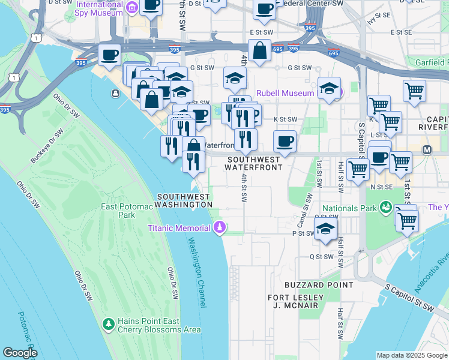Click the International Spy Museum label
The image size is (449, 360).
[x=100, y=8]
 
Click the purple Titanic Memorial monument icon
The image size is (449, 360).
[x=220, y=227]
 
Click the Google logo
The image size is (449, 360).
[x=20, y=353]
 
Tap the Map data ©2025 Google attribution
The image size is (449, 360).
[x=411, y=355]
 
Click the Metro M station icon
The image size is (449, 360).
[x=428, y=149]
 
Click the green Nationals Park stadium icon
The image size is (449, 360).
[x=386, y=208]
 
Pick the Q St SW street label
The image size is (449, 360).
[x=321, y=256]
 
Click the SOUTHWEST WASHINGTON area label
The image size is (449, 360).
[x=184, y=200]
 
